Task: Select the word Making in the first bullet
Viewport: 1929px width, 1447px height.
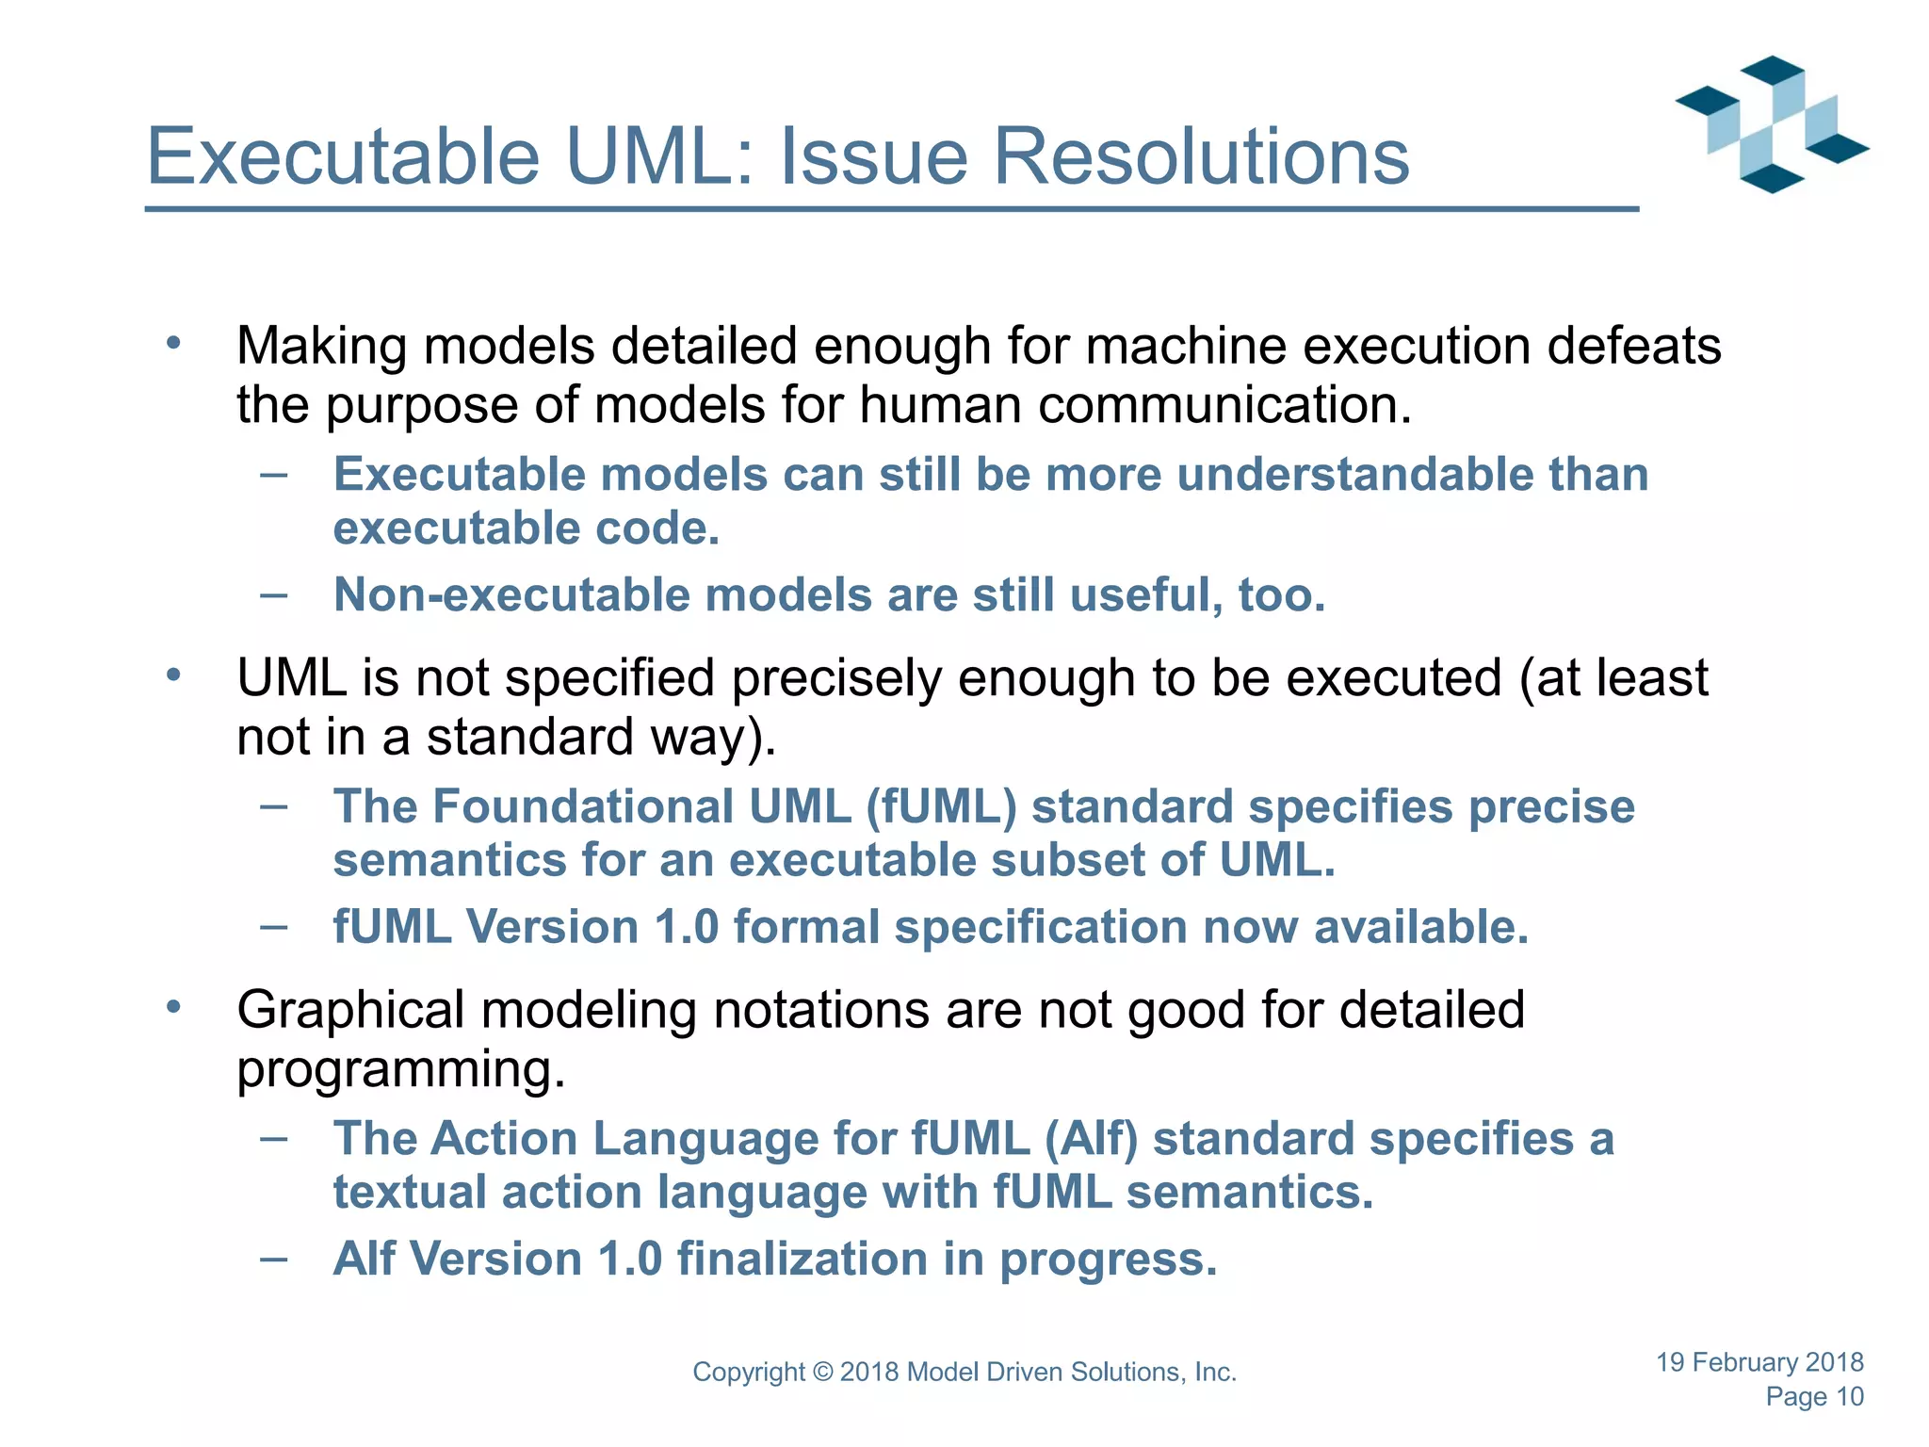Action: click(x=321, y=347)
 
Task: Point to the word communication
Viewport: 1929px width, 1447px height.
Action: click(x=1224, y=406)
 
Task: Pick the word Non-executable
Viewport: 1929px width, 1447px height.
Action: click(x=512, y=595)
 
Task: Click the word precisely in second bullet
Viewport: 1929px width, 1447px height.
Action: click(x=835, y=679)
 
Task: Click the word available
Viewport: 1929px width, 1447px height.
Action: click(x=1420, y=927)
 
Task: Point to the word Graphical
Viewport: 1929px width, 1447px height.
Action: click(x=350, y=1011)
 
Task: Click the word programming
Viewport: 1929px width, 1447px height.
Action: click(x=400, y=1070)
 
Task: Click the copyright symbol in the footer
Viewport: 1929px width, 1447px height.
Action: click(x=823, y=1373)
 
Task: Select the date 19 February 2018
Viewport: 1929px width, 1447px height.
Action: click(x=1759, y=1362)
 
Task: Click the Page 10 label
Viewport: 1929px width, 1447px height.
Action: click(x=1814, y=1397)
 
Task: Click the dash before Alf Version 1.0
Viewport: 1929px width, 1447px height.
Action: click(x=274, y=1259)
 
